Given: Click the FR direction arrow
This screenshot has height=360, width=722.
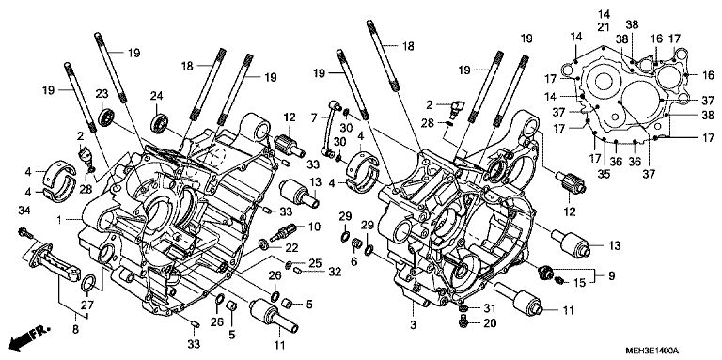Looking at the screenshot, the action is pos(29,337).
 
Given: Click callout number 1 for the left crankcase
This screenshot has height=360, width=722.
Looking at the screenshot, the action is pos(59,221).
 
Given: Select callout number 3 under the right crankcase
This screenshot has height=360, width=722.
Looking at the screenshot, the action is pos(413,325).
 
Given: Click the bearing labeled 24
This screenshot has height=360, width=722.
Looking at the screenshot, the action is pos(160,123).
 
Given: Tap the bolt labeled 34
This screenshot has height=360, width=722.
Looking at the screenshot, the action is pos(24,232).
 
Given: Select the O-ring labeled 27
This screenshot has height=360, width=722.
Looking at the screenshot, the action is pos(89,284).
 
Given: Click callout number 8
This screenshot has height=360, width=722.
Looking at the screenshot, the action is pos(75,329).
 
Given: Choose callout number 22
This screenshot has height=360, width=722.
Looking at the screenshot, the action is pos(292,247).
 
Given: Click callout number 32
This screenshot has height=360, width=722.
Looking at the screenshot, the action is pos(335,272).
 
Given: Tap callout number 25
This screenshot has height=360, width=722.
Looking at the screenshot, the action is pos(315,263).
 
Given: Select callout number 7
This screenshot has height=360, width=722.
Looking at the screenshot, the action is pos(314,117).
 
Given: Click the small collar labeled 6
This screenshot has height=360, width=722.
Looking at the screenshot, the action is pos(355,243).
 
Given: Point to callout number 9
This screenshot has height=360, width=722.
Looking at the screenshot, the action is pos(611,276).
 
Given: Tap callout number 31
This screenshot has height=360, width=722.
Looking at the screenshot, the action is pos(489,307).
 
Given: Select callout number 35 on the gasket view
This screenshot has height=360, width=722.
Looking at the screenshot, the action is pos(604,174).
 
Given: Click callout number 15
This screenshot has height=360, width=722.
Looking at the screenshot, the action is pos(580,283).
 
